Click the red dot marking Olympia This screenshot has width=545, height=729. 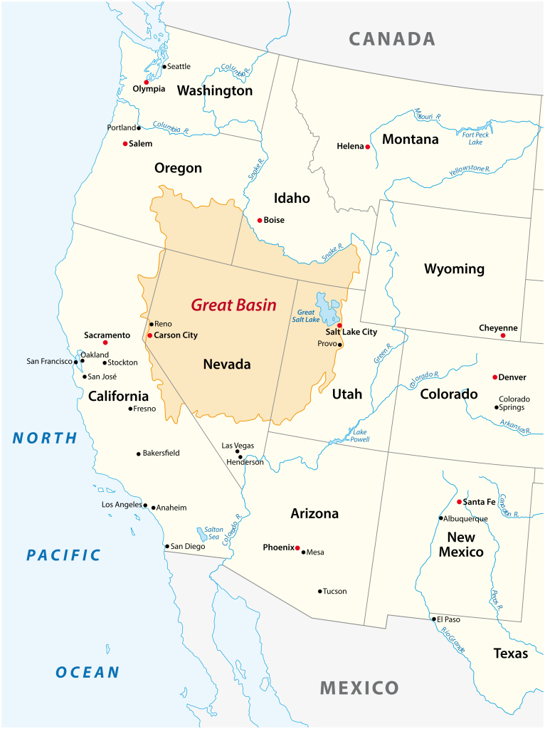147,82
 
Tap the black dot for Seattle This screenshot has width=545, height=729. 164,67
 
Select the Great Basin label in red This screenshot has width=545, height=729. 233,305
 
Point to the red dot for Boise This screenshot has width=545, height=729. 260,220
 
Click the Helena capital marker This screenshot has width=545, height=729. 368,147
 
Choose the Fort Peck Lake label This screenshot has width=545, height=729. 475,138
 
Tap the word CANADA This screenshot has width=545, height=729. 391,38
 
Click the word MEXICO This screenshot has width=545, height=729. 359,688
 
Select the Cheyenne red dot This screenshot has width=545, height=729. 503,335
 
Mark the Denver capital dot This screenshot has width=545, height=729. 495,377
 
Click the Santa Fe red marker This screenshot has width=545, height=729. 459,501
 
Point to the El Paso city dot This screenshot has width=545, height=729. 434,619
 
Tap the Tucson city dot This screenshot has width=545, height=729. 320,591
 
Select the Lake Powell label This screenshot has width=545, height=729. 359,436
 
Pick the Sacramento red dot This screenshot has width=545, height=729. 105,342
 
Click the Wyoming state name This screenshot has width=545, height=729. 454,269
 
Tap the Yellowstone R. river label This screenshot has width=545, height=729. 470,172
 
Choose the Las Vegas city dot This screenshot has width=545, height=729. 238,451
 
